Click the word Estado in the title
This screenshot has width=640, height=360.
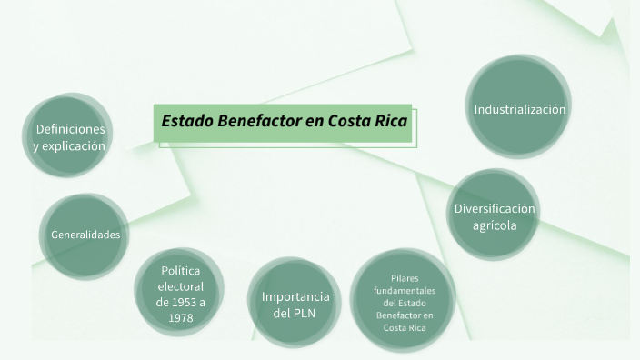tap(187, 121)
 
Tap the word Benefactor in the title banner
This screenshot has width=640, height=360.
tap(259, 121)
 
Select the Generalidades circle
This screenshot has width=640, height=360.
tap(85, 235)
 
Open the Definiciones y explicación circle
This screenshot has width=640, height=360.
tap(69, 136)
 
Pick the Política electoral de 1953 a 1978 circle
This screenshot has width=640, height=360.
tap(180, 294)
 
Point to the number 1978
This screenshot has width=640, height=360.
tap(180, 318)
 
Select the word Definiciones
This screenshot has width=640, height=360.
tap(70, 128)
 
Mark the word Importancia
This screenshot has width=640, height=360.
tap(295, 296)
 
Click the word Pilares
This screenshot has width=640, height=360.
tap(405, 277)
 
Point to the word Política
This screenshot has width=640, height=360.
tap(180, 270)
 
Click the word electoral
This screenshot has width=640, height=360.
tap(180, 285)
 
